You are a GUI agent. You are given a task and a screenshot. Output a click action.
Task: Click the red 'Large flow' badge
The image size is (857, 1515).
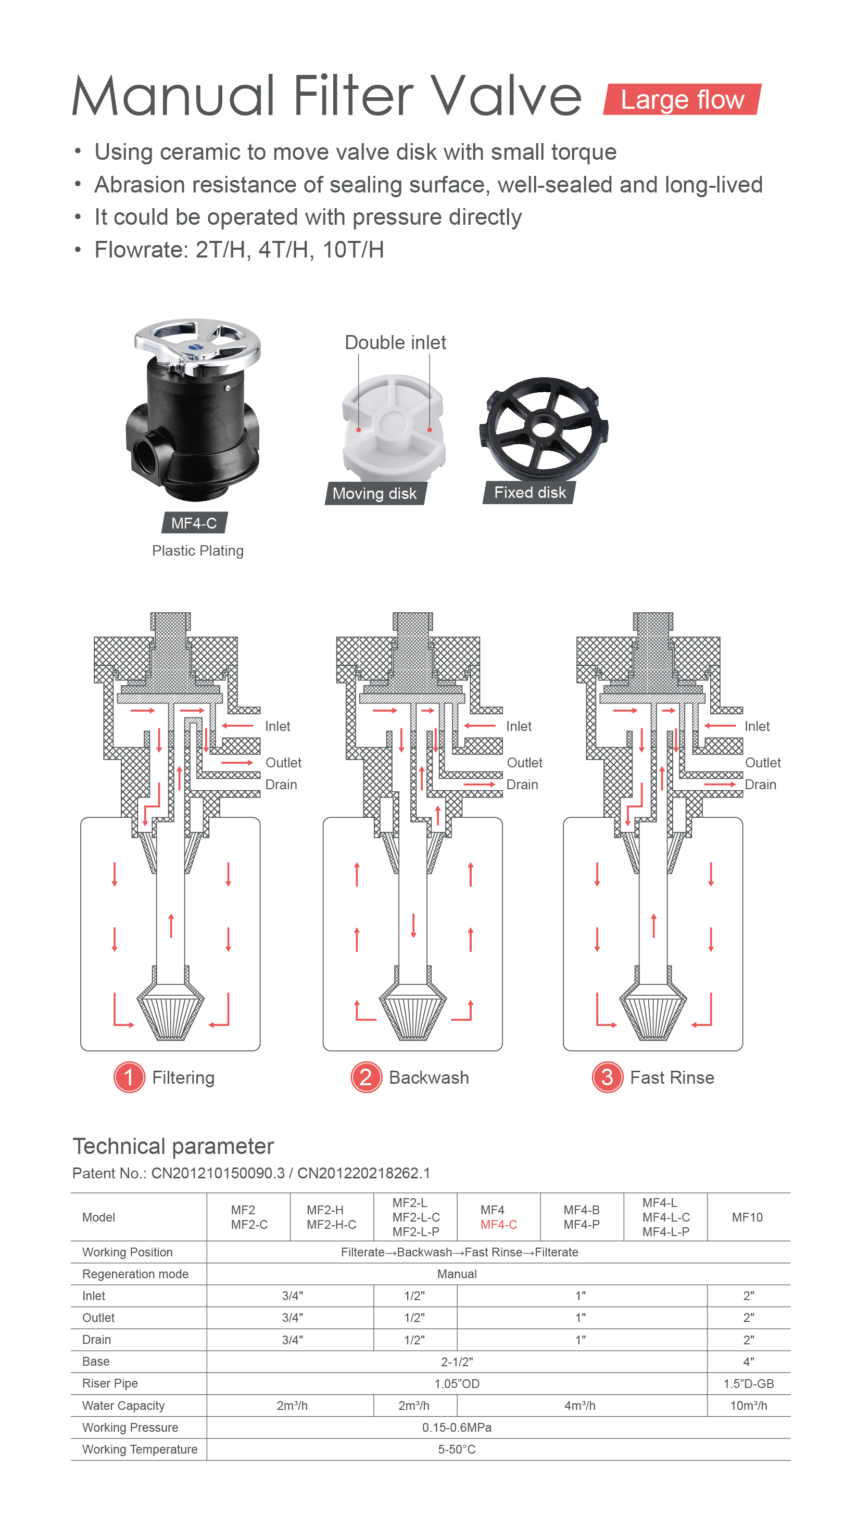[x=682, y=99]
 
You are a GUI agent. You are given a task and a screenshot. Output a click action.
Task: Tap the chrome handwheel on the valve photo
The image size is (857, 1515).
[x=197, y=346]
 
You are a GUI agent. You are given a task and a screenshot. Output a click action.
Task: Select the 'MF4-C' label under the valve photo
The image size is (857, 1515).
[x=194, y=523]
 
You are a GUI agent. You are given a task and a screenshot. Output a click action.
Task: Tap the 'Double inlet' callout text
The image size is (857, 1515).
[x=396, y=342]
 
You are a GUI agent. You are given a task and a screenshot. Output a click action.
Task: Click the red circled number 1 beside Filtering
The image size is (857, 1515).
[x=129, y=1077]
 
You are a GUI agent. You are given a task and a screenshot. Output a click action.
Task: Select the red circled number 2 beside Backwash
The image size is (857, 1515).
[x=366, y=1077]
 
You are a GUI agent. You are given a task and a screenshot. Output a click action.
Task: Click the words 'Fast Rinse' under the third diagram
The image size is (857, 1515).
[x=672, y=1077]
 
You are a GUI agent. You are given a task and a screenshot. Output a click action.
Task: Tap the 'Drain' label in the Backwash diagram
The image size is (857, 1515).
[x=522, y=785]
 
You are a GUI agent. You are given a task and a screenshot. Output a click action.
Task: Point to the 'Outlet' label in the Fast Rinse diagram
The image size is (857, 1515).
[x=763, y=763]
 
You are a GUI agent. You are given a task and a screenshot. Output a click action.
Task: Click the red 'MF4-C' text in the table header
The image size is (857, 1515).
[x=499, y=1225]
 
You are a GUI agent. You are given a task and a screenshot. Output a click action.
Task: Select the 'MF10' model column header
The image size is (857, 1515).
[x=748, y=1217]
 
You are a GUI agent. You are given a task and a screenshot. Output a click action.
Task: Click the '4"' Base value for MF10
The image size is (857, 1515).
[x=749, y=1362]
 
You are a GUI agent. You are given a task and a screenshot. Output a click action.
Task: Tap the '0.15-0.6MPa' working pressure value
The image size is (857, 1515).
[x=457, y=1428]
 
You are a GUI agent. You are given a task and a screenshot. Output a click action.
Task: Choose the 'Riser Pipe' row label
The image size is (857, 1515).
[x=110, y=1384]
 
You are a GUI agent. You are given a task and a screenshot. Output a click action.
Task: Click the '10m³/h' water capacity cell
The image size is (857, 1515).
[x=749, y=1406]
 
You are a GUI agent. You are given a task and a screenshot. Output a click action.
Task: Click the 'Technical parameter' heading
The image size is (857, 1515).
[x=173, y=1147]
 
